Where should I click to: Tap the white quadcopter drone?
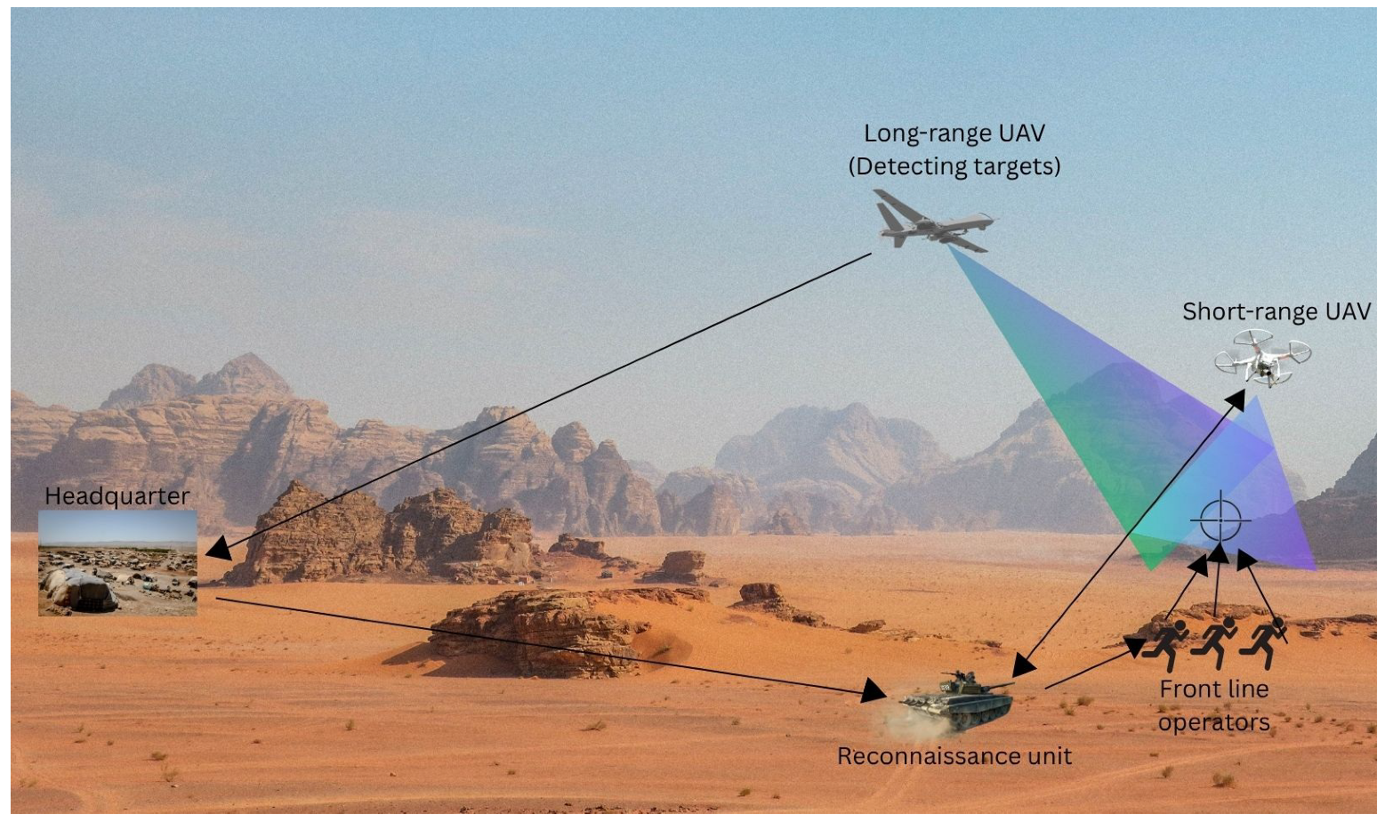1263,358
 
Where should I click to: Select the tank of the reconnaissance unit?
956,699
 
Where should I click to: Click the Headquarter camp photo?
117,562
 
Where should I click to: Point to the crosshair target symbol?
1220,520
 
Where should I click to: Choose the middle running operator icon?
1214,642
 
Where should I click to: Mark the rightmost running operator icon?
1264,642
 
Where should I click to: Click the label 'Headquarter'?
117,496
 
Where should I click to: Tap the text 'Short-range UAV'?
1276,311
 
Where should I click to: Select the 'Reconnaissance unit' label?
954,756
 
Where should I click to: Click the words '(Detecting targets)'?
954,166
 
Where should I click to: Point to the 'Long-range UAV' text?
954,133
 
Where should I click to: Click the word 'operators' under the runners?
1213,721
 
